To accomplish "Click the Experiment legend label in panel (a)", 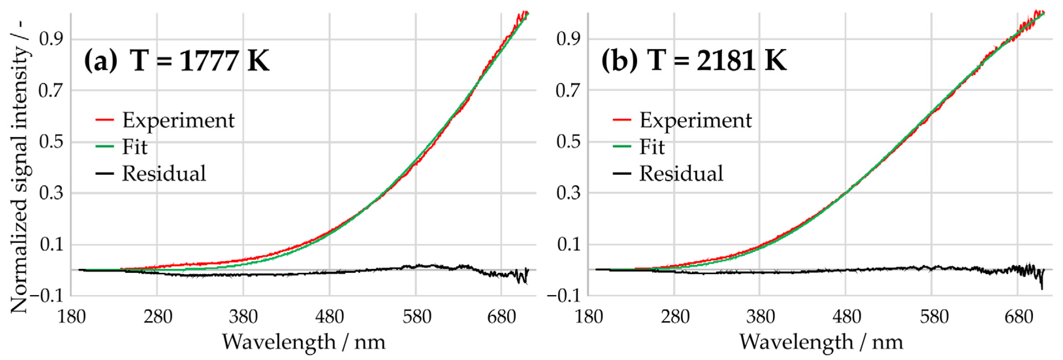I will coord(178,120).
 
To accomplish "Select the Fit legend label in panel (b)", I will coord(652,147).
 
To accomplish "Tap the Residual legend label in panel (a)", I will coord(164,173).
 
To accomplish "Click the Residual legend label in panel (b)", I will coord(681,173).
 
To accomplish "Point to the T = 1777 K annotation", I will coord(199,61).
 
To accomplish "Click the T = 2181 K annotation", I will coord(717,61).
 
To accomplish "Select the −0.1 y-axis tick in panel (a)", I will coord(46,296).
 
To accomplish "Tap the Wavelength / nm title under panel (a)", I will coord(304,342).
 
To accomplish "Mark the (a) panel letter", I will coord(101,61).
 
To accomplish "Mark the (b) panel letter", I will coord(619,61).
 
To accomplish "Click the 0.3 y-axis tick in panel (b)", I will coord(568,193).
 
